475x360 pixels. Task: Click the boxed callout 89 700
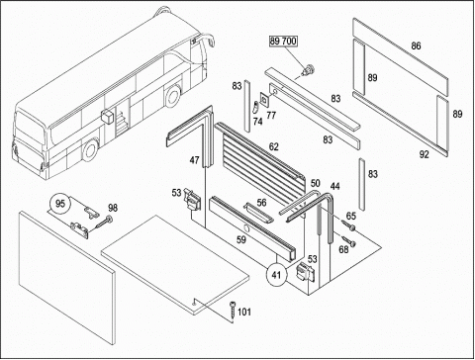283,42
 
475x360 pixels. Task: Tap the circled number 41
276,274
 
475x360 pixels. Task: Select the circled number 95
60,204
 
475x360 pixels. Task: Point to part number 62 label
274,147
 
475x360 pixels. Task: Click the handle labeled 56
258,214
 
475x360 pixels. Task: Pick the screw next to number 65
348,225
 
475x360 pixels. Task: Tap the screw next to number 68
349,240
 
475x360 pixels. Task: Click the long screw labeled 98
103,223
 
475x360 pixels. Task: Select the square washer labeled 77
264,99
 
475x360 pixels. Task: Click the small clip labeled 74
255,107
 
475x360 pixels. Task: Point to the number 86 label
416,45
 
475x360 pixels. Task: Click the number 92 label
424,154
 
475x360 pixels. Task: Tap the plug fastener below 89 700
309,70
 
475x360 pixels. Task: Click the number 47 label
194,160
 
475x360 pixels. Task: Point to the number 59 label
241,239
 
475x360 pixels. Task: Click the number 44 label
334,186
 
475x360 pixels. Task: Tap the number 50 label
315,183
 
